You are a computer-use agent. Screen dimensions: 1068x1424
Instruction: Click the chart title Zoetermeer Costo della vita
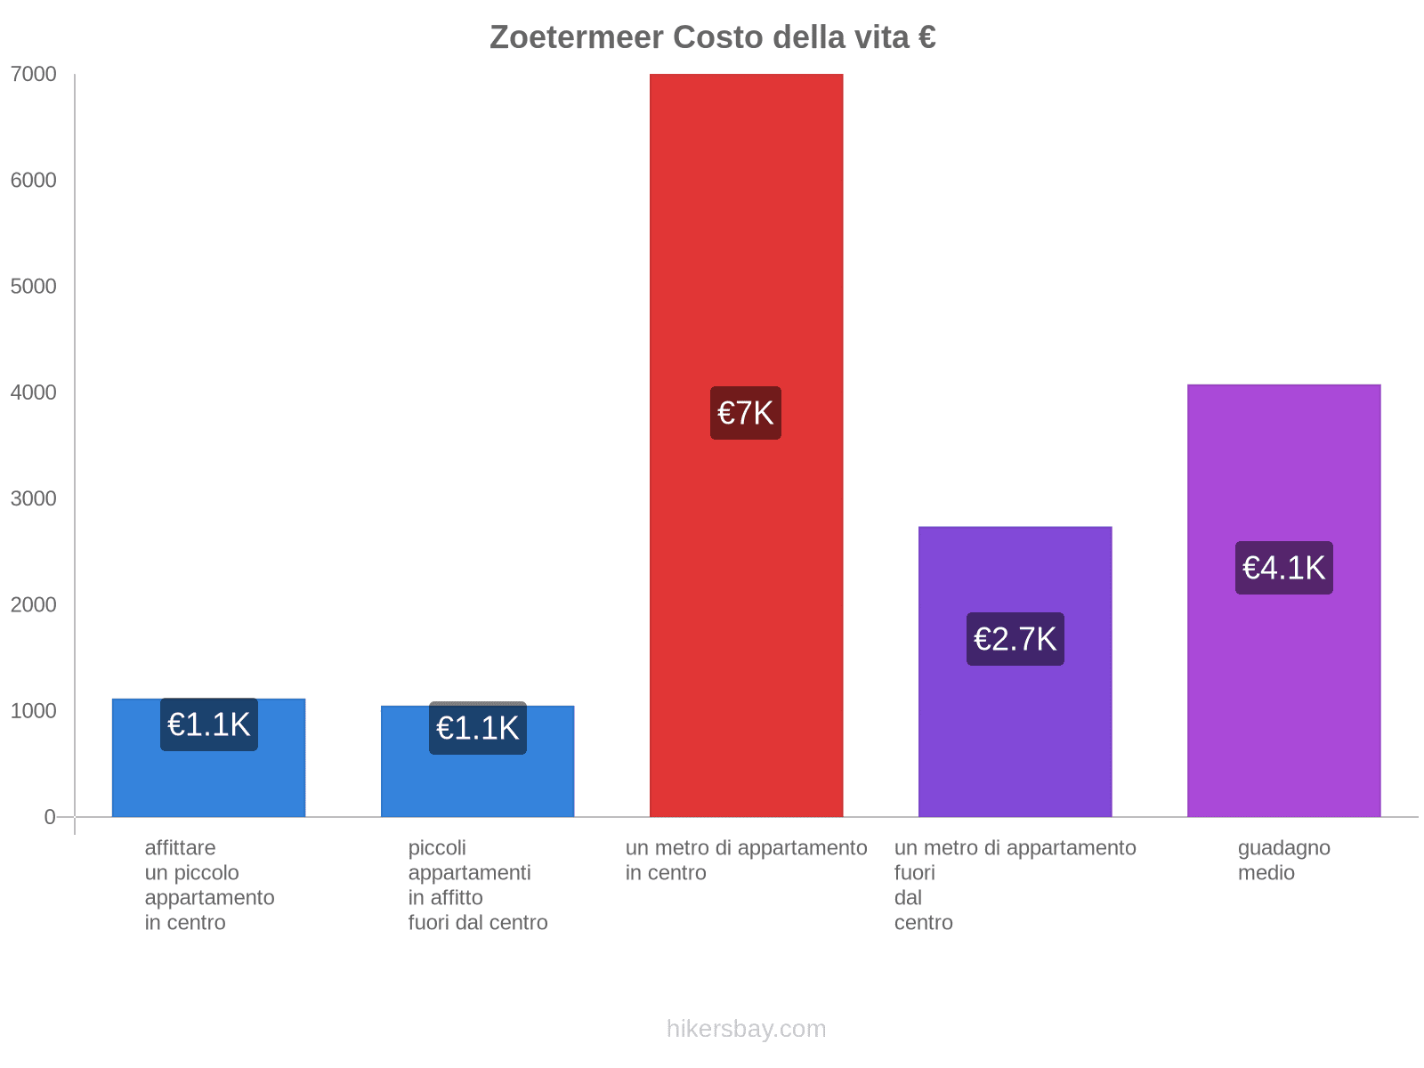712,37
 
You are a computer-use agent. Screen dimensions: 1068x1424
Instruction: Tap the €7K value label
746,413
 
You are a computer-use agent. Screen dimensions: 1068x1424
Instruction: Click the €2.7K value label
1015,639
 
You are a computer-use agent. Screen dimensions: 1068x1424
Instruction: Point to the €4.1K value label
1283,568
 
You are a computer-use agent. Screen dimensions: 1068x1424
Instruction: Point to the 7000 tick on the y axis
34,75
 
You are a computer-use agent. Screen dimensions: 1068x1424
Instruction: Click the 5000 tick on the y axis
34,287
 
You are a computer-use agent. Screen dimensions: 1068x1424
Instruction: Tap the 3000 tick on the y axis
34,498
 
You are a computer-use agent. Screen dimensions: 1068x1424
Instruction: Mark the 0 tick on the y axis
50,817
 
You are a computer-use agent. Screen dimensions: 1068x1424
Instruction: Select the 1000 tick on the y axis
34,711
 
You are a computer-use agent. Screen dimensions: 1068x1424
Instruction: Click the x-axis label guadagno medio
1283,860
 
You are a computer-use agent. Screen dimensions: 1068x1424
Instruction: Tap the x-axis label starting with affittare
209,885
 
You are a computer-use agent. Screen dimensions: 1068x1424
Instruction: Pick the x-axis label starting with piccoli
478,885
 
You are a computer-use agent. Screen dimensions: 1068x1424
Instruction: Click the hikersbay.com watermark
746,1029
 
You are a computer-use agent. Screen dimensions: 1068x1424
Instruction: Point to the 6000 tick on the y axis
34,181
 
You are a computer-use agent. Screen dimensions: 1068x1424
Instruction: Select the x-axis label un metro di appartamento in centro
746,860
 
